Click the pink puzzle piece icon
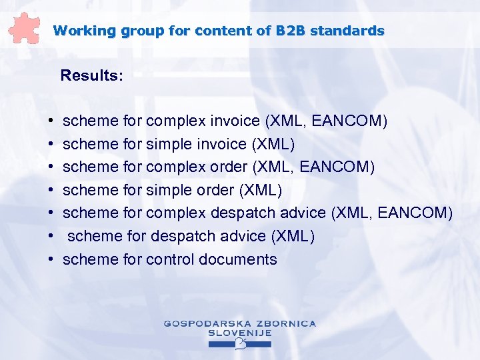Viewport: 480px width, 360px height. click(25, 28)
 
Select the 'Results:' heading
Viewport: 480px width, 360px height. click(91, 75)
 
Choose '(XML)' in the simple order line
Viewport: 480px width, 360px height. click(260, 191)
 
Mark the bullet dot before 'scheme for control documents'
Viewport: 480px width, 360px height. click(51, 260)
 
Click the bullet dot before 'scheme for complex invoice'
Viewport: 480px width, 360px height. click(51, 122)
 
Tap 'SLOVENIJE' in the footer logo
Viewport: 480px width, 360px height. click(239, 333)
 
